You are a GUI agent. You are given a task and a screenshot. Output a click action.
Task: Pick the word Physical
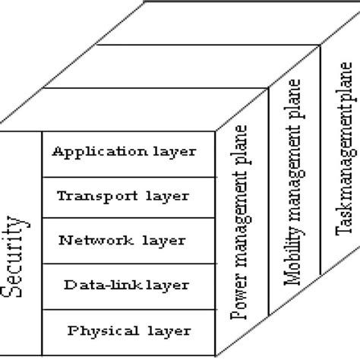[x=96, y=330]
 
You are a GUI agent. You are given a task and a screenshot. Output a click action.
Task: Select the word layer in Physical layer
[x=172, y=330]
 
